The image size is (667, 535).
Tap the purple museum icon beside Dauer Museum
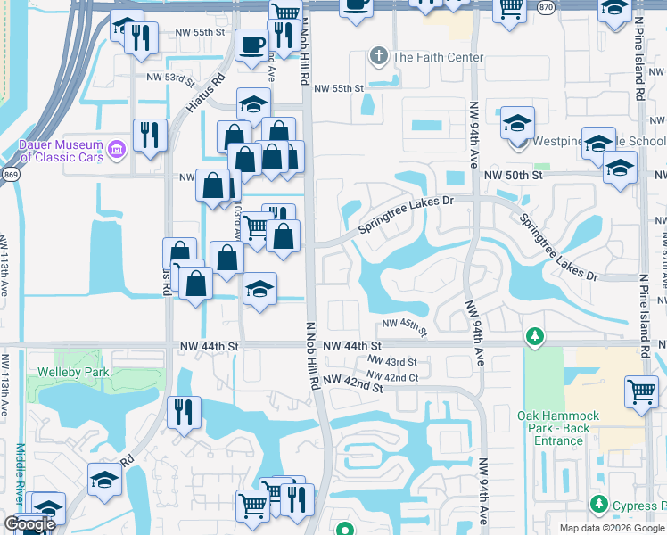116,150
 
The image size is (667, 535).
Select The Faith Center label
437,57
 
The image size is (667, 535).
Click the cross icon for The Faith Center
378,57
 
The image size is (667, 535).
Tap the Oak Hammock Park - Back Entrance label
558,428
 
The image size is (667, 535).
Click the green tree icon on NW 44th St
534,336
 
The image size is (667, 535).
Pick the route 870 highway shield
546,6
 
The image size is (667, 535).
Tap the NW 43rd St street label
393,361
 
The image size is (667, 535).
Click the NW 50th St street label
514,176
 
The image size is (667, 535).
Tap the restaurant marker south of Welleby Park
184,412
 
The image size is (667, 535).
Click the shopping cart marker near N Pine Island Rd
642,391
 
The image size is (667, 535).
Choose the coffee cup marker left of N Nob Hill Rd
251,44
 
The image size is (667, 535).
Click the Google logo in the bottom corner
29,524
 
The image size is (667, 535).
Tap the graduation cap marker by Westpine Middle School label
517,124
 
